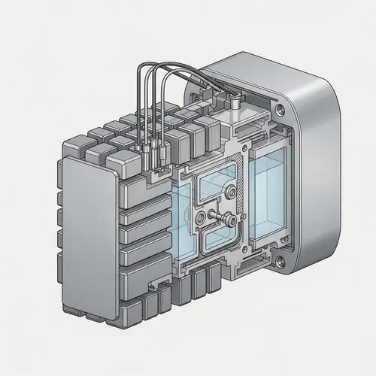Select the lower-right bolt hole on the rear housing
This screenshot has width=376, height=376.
coord(280,262)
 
